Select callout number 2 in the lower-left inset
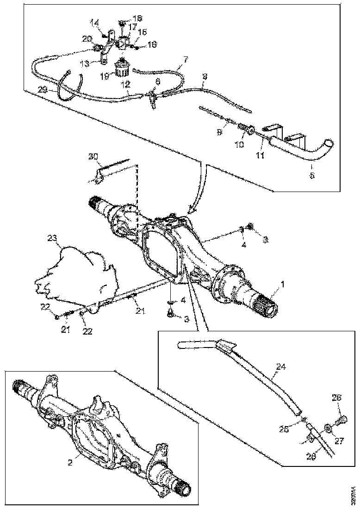[x=71, y=461]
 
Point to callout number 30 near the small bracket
[x=94, y=157]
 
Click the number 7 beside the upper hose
[x=185, y=60]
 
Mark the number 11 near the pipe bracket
[x=260, y=156]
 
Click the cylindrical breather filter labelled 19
[x=122, y=70]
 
